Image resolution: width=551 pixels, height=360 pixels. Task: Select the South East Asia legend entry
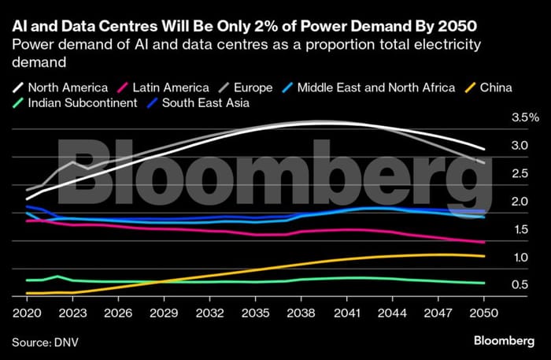(x=197, y=102)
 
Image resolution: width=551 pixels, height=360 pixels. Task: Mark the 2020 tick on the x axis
(x=27, y=311)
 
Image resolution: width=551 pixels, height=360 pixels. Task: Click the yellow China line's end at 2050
(x=484, y=256)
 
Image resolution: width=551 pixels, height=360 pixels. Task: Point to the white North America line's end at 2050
(x=484, y=150)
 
